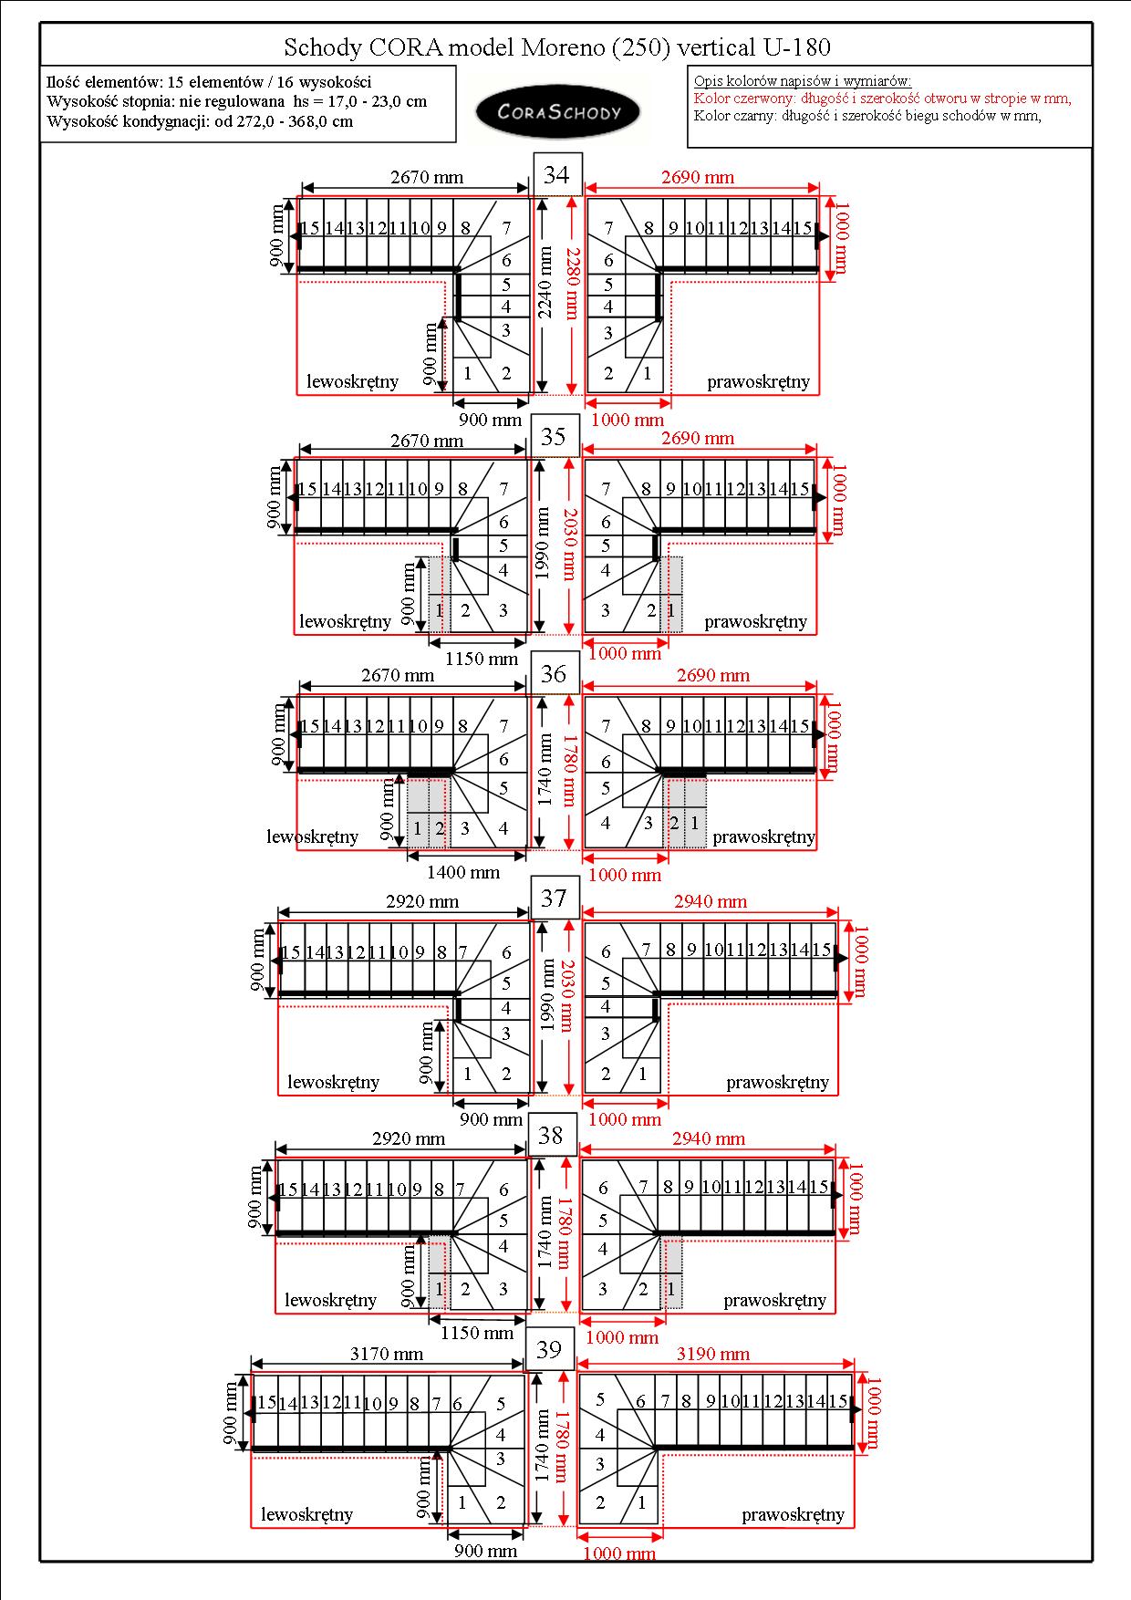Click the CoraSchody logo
click(558, 111)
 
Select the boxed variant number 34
click(557, 174)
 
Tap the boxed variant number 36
click(554, 673)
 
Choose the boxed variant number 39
click(549, 1349)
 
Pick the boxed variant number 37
click(554, 899)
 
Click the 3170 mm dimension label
click(387, 1354)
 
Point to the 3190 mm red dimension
click(713, 1354)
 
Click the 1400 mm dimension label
click(463, 872)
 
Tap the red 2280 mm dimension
click(572, 283)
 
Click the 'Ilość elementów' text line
click(209, 82)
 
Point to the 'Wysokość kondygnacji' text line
click(200, 121)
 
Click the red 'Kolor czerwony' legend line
click(882, 99)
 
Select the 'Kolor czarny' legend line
click(867, 115)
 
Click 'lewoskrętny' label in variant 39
click(306, 1514)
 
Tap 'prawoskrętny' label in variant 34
click(758, 381)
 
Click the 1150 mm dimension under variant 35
click(482, 658)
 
